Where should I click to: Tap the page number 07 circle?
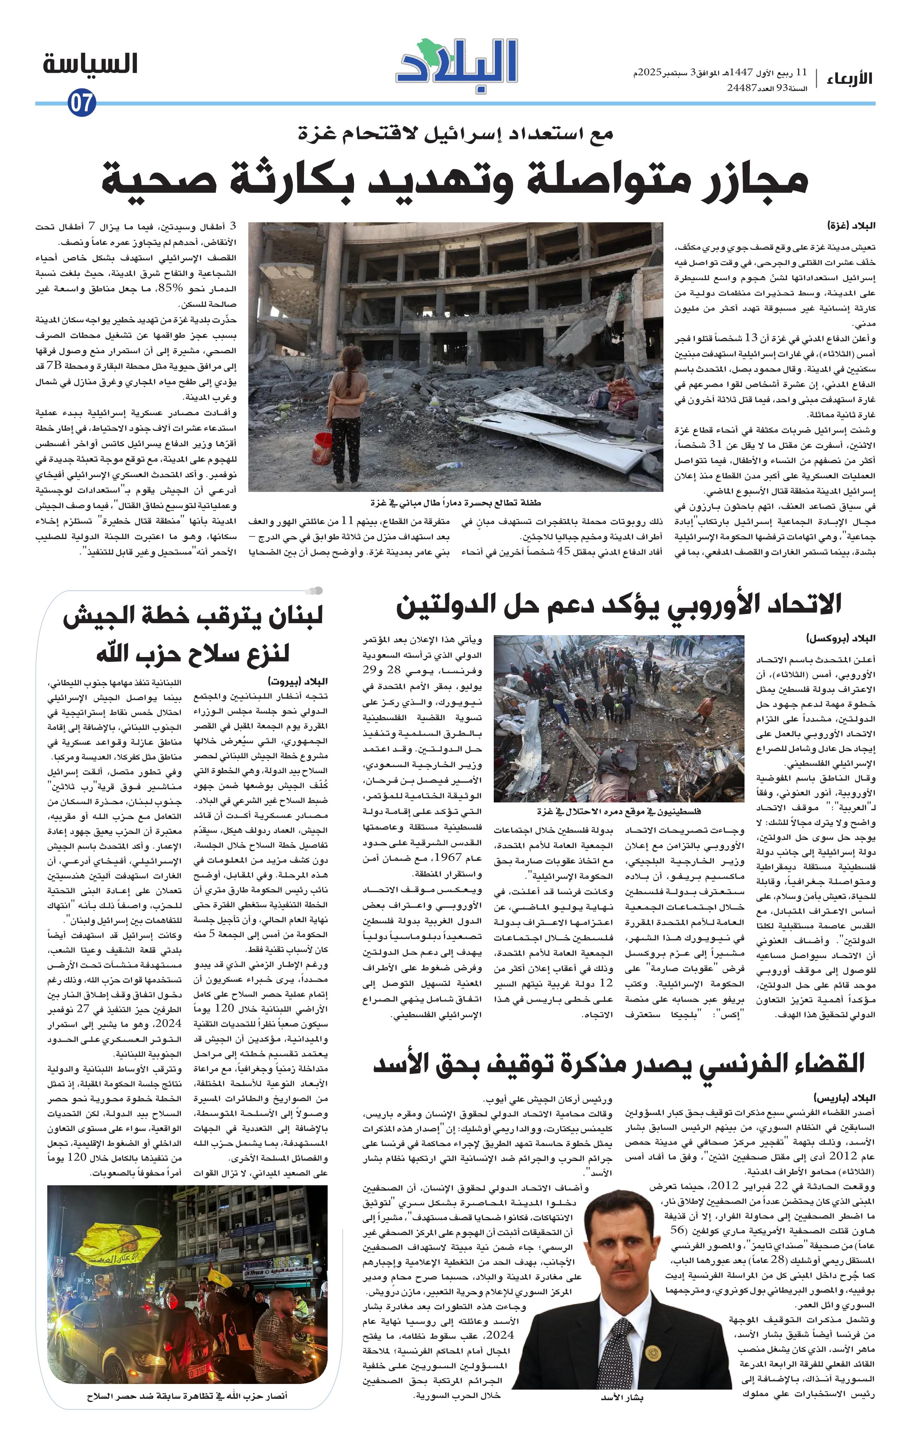[x=81, y=103]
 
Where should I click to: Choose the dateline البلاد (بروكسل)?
[x=840, y=638]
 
